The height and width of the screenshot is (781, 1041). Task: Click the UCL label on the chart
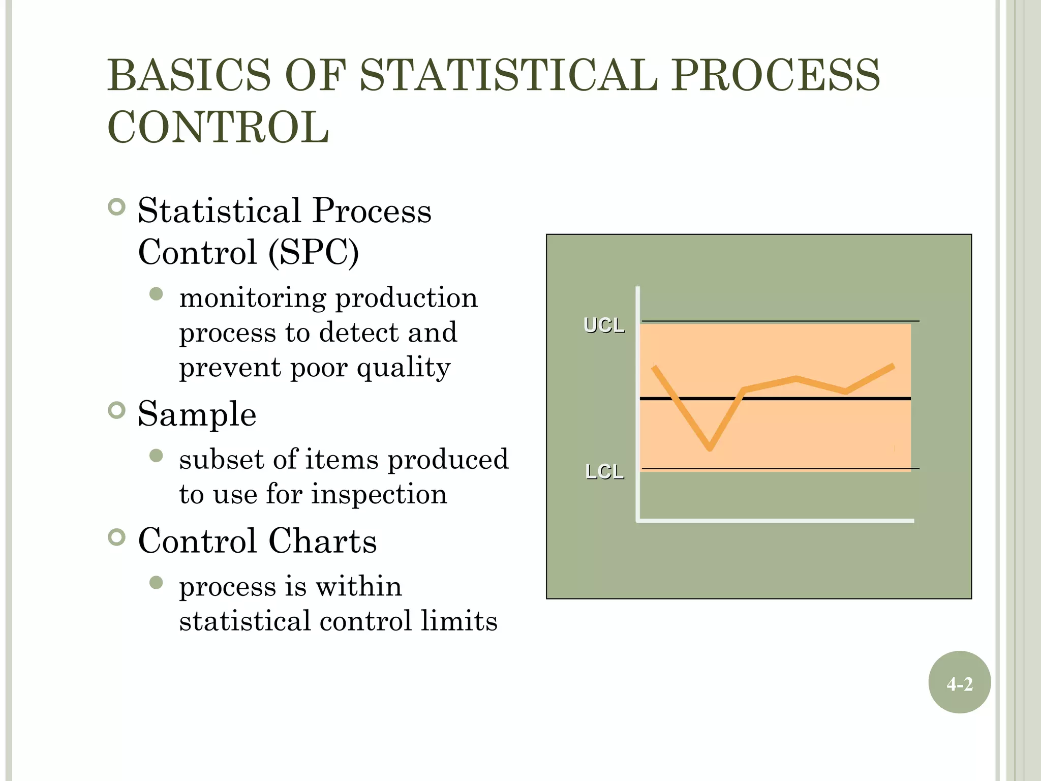coord(604,325)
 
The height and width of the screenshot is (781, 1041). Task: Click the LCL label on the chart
coord(604,472)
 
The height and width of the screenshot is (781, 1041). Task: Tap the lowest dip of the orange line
coord(710,448)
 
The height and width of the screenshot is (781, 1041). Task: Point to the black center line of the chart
coord(813,399)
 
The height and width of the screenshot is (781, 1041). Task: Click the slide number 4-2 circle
coord(959,682)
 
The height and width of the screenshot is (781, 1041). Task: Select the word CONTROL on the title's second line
coord(219,127)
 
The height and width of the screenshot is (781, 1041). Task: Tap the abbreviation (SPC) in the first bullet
coord(314,252)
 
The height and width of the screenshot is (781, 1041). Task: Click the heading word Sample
coord(197,414)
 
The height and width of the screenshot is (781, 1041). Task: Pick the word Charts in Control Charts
coord(322,540)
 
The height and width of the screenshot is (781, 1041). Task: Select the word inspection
coord(379,494)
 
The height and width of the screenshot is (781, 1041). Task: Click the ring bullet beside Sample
coord(117,410)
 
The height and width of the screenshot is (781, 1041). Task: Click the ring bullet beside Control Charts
coord(117,537)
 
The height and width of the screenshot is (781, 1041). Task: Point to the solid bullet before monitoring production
coord(157,294)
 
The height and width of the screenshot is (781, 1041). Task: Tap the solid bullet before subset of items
coord(157,456)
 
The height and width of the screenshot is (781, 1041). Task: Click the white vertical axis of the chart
coord(637,407)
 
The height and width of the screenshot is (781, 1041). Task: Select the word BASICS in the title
coord(189,75)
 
